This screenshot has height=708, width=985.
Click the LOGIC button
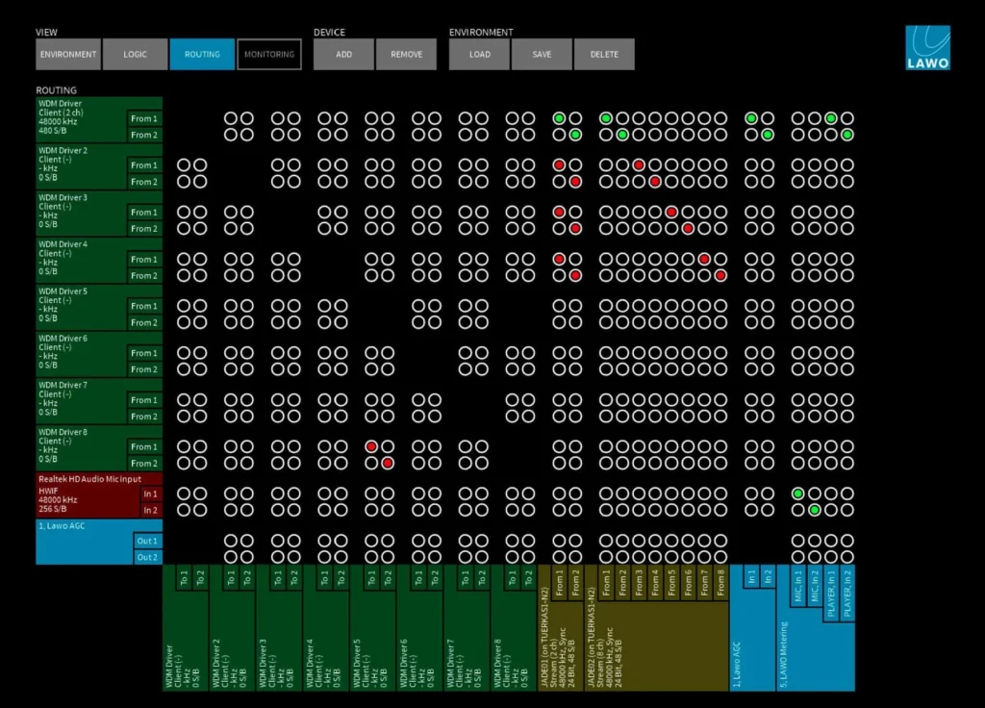coord(136,54)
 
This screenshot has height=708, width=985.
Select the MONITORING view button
coord(269,54)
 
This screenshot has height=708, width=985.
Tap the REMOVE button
coord(406,54)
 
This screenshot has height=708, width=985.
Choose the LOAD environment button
coord(479,54)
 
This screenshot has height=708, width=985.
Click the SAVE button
coord(542,54)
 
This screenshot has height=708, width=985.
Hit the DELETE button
coord(604,54)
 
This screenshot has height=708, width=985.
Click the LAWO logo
coord(927,47)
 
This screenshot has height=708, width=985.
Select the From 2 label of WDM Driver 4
coord(143,275)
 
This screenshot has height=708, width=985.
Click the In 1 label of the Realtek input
coord(149,493)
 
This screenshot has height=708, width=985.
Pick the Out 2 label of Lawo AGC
coord(146,557)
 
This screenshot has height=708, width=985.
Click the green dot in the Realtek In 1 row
coord(797,493)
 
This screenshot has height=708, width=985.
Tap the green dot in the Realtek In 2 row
coord(814,510)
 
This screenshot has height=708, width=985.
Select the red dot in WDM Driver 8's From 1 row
coord(370,446)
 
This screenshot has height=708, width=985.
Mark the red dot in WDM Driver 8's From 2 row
coord(387,463)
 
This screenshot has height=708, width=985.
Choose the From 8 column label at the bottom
coord(720,583)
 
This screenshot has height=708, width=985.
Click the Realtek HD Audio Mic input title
coord(89,478)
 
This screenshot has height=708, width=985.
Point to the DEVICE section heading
coord(329,33)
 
